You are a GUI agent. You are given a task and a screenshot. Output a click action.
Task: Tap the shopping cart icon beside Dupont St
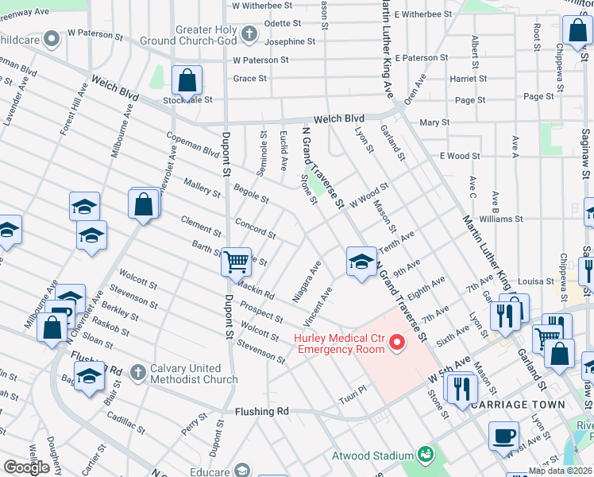pyautogui.click(x=235, y=261)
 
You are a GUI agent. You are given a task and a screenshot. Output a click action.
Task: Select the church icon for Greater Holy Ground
pyautogui.click(x=249, y=34)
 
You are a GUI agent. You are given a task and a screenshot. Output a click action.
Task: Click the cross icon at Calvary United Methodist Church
pyautogui.click(x=137, y=371)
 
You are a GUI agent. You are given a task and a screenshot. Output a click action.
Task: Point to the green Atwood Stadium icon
pyautogui.click(x=427, y=454)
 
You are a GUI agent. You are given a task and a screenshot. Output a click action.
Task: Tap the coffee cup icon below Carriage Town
pyautogui.click(x=504, y=436)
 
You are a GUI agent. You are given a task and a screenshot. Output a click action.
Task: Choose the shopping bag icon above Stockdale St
pyautogui.click(x=187, y=79)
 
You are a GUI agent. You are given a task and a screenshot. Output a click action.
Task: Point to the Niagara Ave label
pyautogui.click(x=307, y=284)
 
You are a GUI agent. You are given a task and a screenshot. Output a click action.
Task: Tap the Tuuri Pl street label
pyautogui.click(x=351, y=391)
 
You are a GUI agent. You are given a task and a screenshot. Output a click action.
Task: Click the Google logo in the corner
pyautogui.click(x=26, y=467)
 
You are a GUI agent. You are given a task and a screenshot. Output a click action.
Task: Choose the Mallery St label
pyautogui.click(x=202, y=187)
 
